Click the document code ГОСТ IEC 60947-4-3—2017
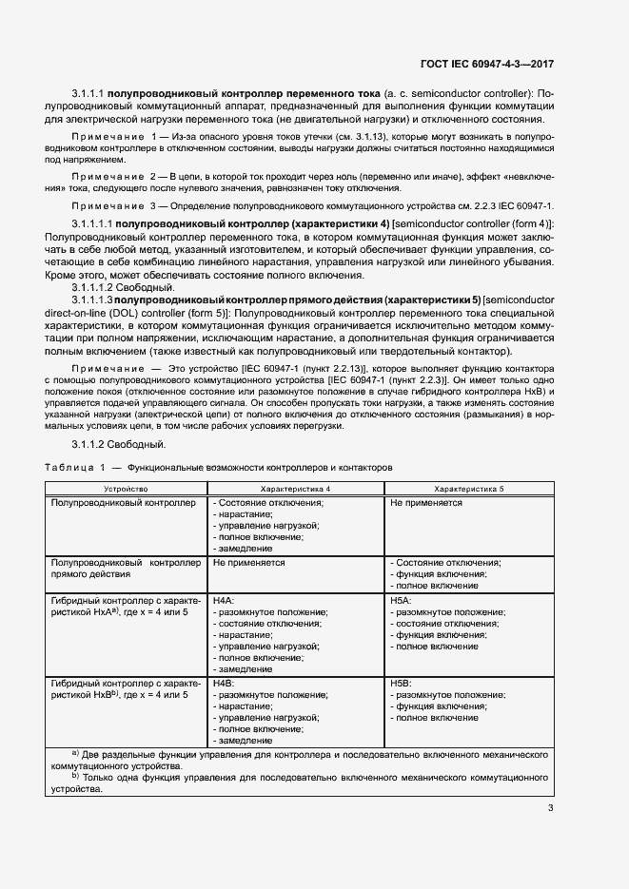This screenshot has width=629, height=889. [x=486, y=64]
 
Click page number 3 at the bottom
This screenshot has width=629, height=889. [x=551, y=808]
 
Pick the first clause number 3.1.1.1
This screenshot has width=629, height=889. [x=88, y=93]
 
